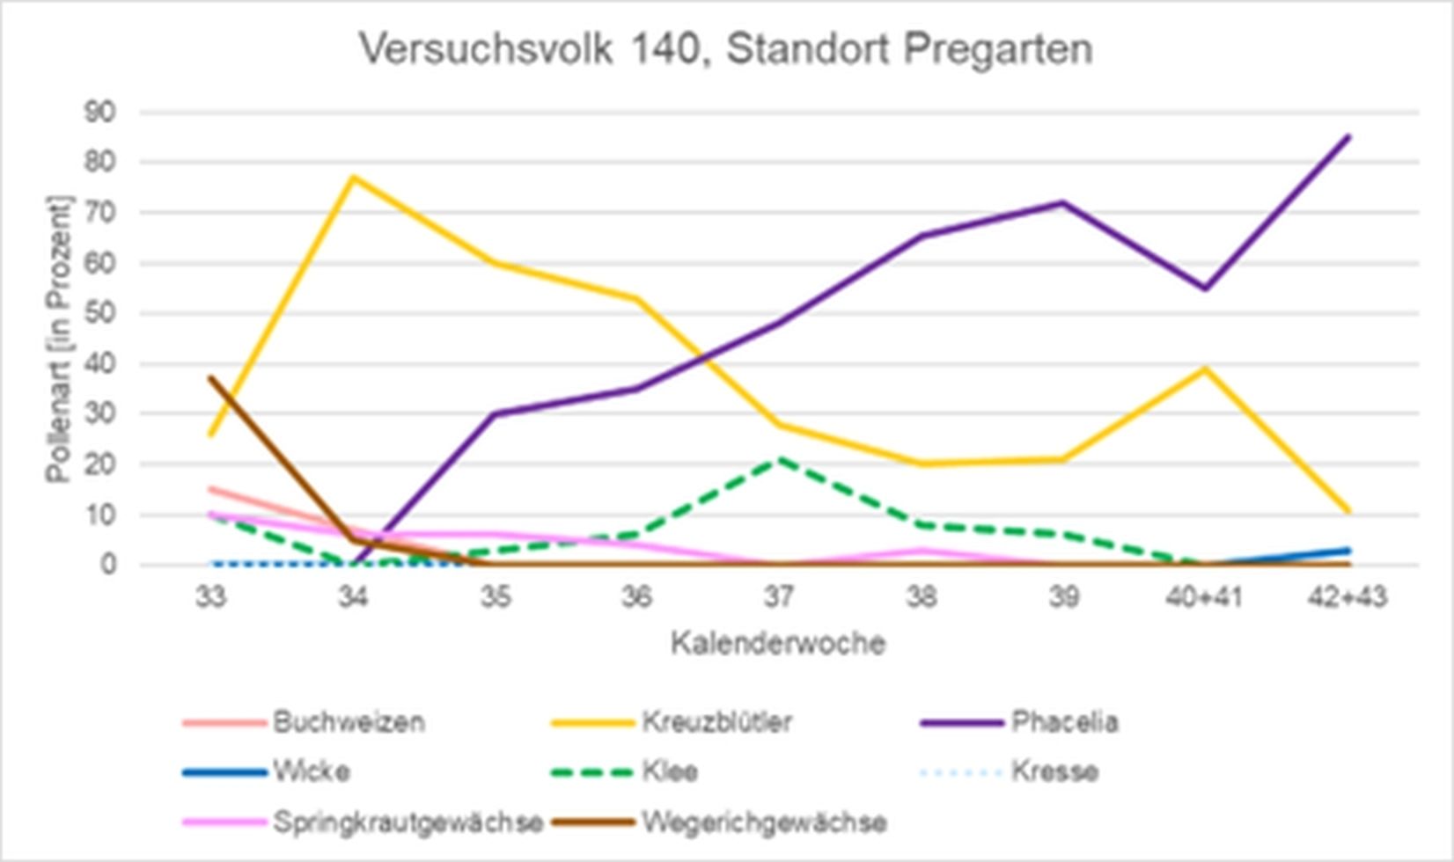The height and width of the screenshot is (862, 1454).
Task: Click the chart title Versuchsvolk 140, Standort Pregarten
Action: (726, 48)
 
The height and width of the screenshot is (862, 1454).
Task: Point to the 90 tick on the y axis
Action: (100, 113)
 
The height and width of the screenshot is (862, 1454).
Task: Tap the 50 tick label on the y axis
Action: (100, 314)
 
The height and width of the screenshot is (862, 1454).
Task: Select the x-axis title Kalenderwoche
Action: (778, 643)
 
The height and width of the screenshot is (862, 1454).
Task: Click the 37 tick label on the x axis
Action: (778, 597)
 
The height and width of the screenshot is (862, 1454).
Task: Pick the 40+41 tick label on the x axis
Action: (1204, 597)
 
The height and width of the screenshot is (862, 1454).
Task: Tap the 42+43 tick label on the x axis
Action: (1347, 597)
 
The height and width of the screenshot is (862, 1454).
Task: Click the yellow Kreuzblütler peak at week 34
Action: (353, 178)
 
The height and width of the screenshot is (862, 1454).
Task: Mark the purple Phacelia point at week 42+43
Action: (1348, 136)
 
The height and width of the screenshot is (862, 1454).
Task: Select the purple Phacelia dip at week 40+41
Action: (1205, 289)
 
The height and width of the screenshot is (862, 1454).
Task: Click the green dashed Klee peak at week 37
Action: (779, 458)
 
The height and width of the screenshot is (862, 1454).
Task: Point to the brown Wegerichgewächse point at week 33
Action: (211, 378)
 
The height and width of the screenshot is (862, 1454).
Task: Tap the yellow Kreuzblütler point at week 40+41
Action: (1205, 369)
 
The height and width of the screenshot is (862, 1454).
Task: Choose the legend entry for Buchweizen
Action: (348, 722)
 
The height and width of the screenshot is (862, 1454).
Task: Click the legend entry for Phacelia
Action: (1063, 722)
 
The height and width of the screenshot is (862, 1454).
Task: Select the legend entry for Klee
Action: (670, 772)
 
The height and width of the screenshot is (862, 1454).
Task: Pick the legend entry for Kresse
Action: (1054, 772)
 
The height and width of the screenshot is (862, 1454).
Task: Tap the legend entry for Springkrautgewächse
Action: (407, 822)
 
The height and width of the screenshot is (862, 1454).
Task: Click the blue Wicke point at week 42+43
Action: (1348, 551)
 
